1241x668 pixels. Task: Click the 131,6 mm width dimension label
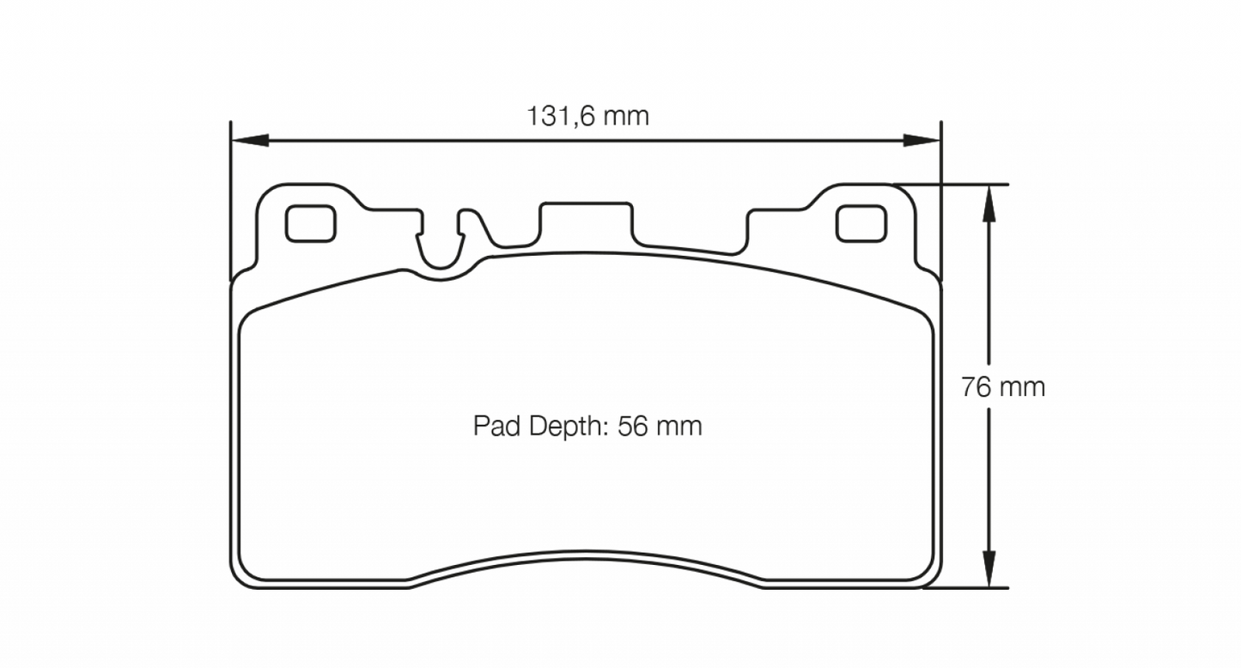(587, 116)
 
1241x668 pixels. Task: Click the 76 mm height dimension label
(1003, 387)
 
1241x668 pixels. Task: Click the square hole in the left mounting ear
(310, 223)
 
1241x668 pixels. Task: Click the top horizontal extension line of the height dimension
(953, 184)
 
